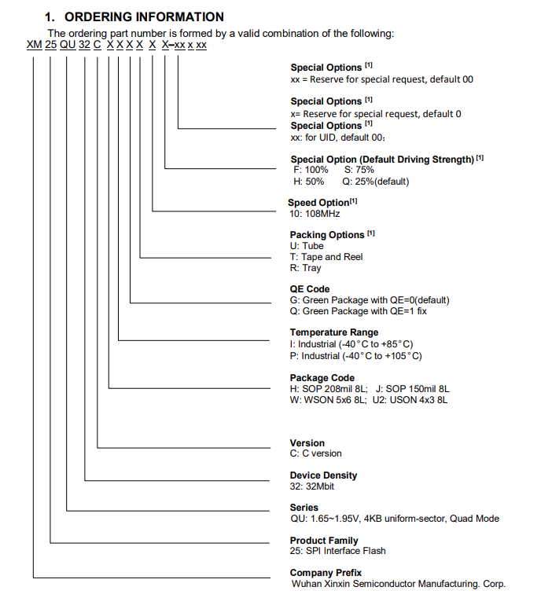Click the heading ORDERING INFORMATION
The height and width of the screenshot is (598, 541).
[144, 17]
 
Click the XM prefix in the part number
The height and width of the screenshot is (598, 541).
[34, 46]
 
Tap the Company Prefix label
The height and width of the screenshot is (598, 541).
[326, 573]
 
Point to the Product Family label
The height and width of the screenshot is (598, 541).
[324, 541]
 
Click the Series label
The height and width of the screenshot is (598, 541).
[304, 508]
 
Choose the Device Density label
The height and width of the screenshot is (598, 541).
[323, 475]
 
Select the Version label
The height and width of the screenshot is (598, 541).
[307, 443]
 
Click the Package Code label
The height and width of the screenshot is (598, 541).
[322, 378]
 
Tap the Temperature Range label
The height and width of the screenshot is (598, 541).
[333, 332]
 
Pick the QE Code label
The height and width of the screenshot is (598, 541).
[310, 289]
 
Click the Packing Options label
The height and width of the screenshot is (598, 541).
[327, 235]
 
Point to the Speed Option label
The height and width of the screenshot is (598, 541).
[318, 203]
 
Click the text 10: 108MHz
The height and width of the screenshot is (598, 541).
[315, 214]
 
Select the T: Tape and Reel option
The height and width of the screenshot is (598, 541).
[326, 257]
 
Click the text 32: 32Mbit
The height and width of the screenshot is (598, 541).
[314, 486]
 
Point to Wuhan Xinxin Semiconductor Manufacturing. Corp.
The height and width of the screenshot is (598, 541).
[398, 584]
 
